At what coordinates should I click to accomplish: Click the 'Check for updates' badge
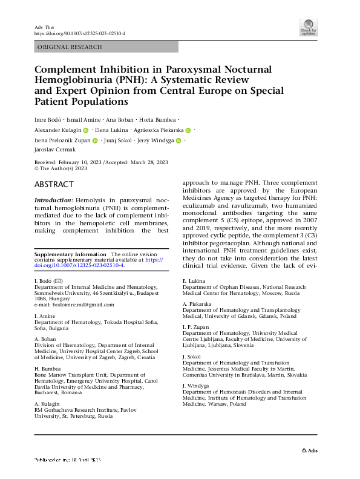(x=309, y=27)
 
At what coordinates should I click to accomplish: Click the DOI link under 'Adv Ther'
(x=80, y=34)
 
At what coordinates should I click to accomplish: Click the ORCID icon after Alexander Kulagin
(x=86, y=130)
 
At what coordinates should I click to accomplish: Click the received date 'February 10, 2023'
(x=82, y=162)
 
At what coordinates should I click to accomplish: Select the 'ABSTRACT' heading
(x=54, y=184)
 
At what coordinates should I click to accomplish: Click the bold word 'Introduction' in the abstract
(x=53, y=199)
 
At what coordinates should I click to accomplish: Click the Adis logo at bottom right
(x=309, y=451)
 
